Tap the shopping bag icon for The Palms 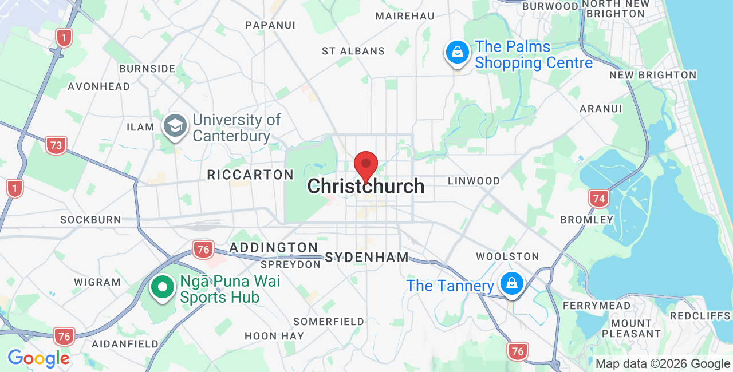pos(458,53)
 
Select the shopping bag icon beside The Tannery pos(512,283)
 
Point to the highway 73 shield pos(56,145)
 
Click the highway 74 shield pos(598,199)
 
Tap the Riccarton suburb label pos(250,175)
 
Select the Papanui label pos(270,25)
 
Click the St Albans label pos(353,51)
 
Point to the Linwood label pos(474,181)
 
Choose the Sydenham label pos(366,257)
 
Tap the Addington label pos(273,248)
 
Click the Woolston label pos(507,256)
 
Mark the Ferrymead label pos(596,306)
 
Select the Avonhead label pos(98,86)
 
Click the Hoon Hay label pos(274,336)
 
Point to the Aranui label pos(601,109)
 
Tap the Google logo pos(38,358)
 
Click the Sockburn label pos(90,220)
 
